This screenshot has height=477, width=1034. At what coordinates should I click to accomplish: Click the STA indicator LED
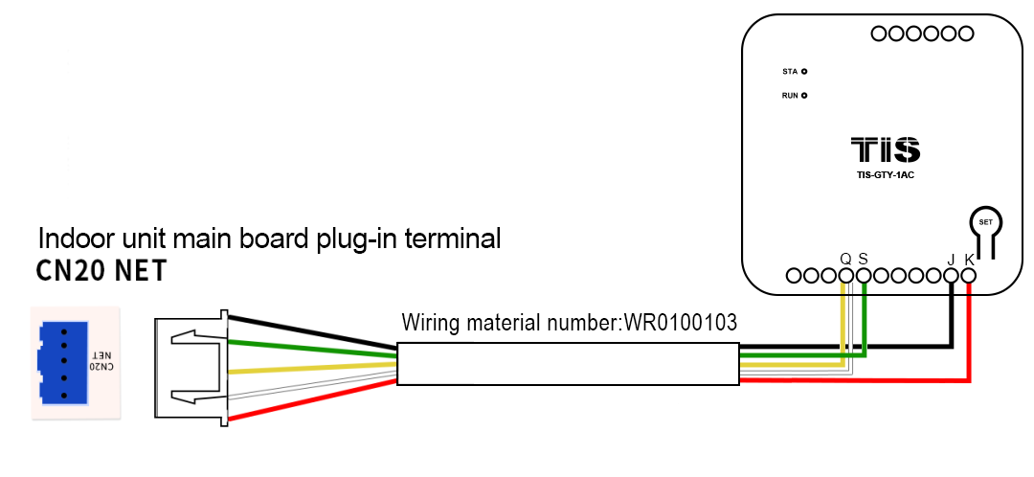point(804,72)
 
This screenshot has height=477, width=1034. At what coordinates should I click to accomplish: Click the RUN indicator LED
point(804,96)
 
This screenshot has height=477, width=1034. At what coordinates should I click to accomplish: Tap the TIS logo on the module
point(886,150)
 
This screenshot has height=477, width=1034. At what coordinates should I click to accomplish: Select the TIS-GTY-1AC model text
point(886,174)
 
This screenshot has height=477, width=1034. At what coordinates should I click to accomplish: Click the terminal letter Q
point(845,259)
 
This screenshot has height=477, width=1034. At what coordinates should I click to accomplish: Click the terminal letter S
point(863,259)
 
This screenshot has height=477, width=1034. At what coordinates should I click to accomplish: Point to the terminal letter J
point(951,260)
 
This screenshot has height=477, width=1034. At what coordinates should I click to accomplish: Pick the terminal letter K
point(969,260)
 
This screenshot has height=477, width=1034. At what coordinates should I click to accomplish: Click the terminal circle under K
point(969,276)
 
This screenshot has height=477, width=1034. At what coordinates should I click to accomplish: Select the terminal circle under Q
point(845,276)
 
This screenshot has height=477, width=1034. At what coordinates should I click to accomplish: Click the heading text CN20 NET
point(101,272)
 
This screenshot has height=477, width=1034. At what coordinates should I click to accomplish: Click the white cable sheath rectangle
point(569,365)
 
